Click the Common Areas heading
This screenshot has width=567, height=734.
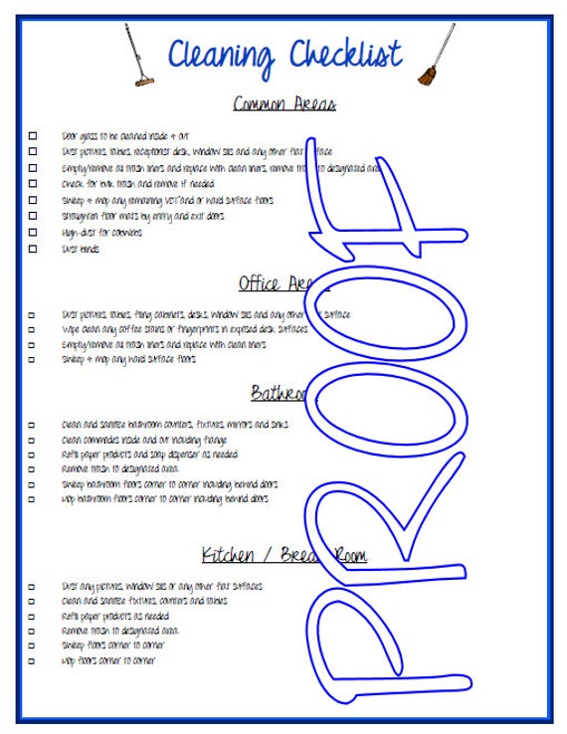[284, 104]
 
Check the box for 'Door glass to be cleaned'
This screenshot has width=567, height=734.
[32, 135]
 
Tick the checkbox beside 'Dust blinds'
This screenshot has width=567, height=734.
[32, 249]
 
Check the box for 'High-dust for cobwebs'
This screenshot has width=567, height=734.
[32, 233]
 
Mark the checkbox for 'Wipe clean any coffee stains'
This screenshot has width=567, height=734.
[32, 329]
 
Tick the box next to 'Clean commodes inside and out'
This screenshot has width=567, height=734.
[32, 439]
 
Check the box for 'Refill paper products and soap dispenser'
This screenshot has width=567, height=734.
[32, 454]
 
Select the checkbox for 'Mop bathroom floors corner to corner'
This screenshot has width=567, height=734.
[32, 499]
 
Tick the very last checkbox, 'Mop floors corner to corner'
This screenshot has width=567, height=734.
[32, 661]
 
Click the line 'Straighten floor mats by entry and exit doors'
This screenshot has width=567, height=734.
[143, 216]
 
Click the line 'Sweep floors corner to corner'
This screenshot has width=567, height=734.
[114, 645]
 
